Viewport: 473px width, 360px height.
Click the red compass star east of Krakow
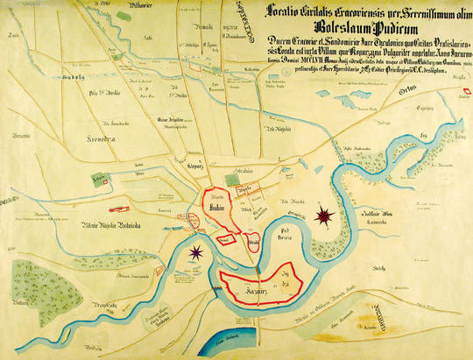pyautogui.click(x=326, y=213)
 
